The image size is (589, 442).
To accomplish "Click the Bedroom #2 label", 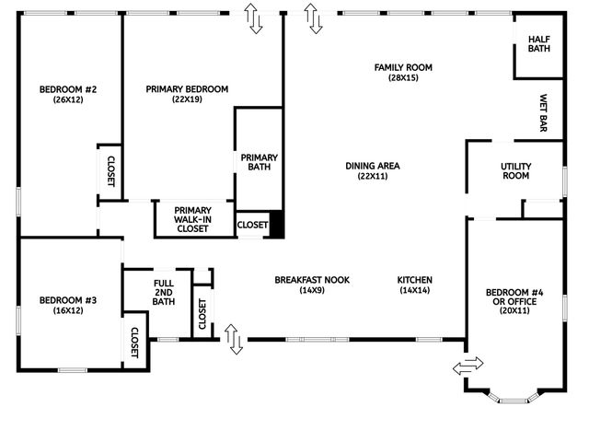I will [x=62, y=89].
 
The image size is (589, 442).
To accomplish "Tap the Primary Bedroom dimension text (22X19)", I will [x=187, y=99].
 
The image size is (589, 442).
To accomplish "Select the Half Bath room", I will [x=538, y=43].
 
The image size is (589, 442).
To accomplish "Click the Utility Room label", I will [x=515, y=171].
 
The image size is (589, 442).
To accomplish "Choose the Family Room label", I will [x=403, y=67].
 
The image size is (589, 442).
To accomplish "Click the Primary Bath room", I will [x=259, y=162].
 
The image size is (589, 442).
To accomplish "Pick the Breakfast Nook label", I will [x=312, y=280].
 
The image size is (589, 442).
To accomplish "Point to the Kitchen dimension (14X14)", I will [x=415, y=290].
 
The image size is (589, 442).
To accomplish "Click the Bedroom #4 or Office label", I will [x=515, y=297].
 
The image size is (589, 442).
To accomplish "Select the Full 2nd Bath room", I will [x=164, y=293].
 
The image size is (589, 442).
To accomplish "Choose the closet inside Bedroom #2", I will [x=110, y=170].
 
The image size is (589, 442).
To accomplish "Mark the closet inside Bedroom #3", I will [x=134, y=343].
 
